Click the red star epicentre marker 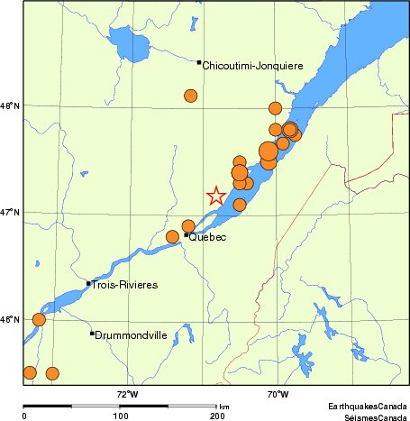pos(215,196)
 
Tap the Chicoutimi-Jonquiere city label pos(252,66)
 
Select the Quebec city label pos(207,237)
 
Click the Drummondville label pos(132,334)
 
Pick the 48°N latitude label pos(11,106)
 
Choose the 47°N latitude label pos(11,213)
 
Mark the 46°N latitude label pos(11,319)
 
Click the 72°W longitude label pos(126,394)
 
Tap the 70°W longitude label pos(278,394)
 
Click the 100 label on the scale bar pos(121,416)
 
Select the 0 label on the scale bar pos(24,416)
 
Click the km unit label pos(223,407)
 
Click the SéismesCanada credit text pos(369,416)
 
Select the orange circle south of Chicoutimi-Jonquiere pos(191,96)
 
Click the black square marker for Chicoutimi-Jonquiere pos(199,62)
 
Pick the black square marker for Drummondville pos(92,334)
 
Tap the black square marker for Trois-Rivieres pos(88,283)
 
